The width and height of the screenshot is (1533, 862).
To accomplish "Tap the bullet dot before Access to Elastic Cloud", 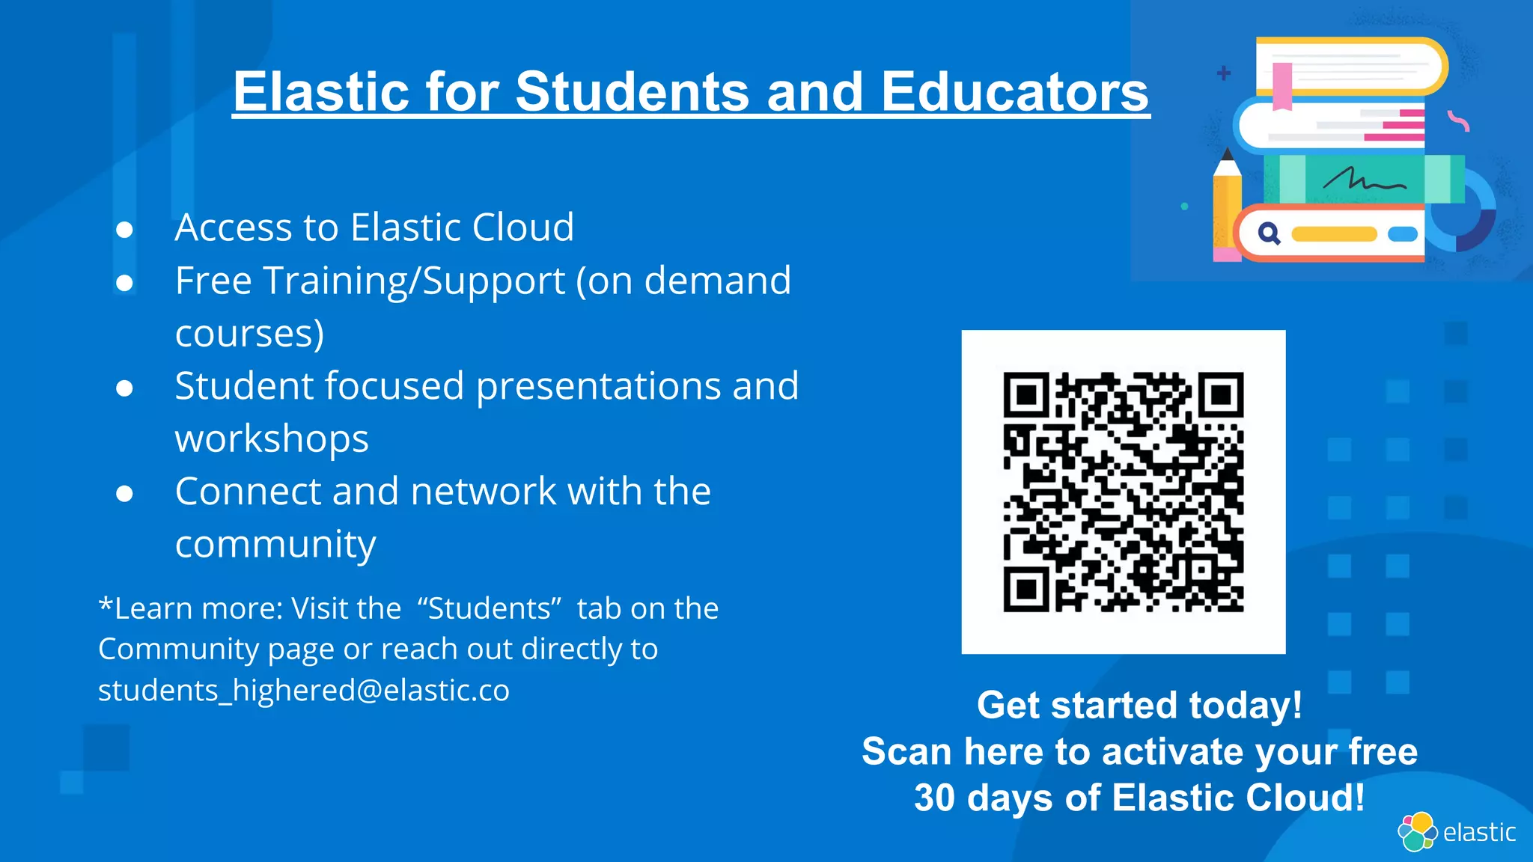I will pos(124,229).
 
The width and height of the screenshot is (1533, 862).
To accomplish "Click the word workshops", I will pos(272,438).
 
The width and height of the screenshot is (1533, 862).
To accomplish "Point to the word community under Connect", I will pos(275,544).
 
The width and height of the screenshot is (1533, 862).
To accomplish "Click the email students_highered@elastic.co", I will pos(303,690).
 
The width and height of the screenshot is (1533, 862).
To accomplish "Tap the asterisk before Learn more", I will pos(106,605).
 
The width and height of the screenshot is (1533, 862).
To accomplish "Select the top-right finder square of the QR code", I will pos(1221,394).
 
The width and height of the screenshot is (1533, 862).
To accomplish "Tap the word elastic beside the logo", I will pos(1479,832).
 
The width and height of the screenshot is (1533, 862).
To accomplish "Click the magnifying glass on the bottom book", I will pos(1269,234).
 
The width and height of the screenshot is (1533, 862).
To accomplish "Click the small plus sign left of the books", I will pos(1224,73).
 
